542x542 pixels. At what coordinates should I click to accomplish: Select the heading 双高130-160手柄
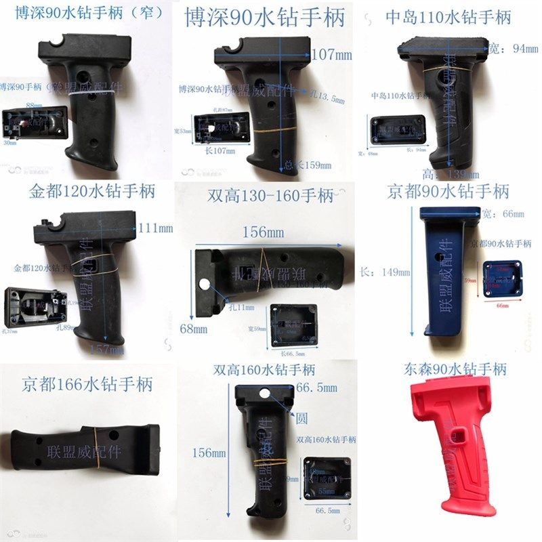[270, 196]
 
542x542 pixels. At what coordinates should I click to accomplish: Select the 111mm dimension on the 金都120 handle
[154, 229]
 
